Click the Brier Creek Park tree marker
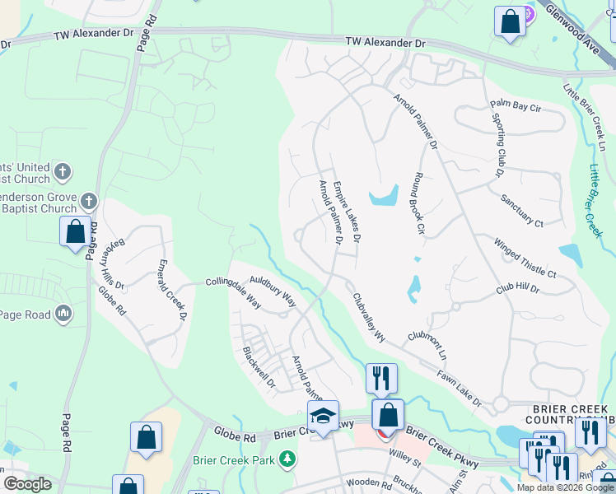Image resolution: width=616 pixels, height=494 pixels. coord(287,459)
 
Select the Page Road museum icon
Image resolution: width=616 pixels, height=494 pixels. coord(63,314)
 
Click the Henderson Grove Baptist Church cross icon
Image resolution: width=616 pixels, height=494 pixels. coord(90,201)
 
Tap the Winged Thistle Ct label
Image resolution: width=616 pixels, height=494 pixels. coord(525,258)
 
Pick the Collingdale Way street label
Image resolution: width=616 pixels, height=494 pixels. coord(233,292)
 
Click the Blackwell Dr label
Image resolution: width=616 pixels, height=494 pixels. coord(258,366)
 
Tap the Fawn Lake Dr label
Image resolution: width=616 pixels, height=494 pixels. coord(459,388)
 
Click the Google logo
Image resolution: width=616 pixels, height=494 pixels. coord(26,484)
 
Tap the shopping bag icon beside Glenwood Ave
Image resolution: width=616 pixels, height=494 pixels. coord(510,22)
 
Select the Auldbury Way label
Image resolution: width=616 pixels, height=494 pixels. coord(273,291)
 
